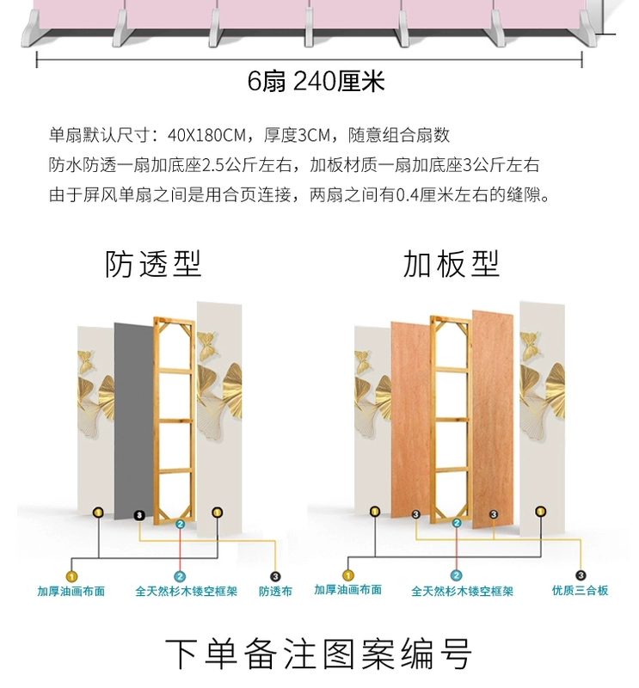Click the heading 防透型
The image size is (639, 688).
point(153,263)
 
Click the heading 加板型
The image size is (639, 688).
point(452,263)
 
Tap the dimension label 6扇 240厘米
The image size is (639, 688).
point(316,82)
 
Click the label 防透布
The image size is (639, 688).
point(275,592)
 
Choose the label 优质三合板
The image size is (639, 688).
point(581,591)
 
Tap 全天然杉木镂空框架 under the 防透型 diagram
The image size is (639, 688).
point(180,592)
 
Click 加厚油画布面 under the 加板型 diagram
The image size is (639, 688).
point(347,590)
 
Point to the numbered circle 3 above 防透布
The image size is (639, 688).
point(275,576)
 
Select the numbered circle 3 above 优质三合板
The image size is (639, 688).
point(581,575)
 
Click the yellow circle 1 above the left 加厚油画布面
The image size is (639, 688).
point(71,576)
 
